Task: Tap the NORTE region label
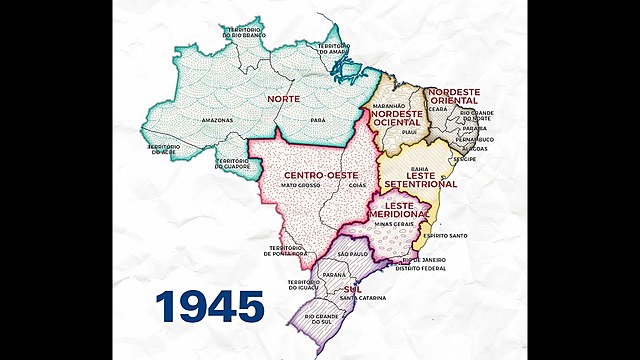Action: pyautogui.click(x=283, y=99)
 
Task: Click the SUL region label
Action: pyautogui.click(x=352, y=288)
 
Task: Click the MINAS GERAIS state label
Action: pyautogui.click(x=395, y=224)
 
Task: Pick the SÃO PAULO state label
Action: pyautogui.click(x=353, y=255)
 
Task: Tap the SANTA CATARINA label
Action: pyautogui.click(x=363, y=298)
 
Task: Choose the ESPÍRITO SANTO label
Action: pyautogui.click(x=446, y=236)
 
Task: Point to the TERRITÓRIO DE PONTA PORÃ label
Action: pyautogui.click(x=288, y=251)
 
